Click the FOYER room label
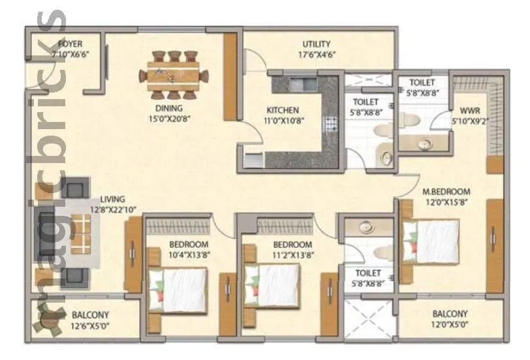pos(70,44)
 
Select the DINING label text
pos(168,108)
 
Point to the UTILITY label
pos(316,44)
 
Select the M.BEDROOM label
pos(446,192)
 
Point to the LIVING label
pos(112,199)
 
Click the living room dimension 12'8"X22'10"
pos(112,209)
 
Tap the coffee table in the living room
pos(82,233)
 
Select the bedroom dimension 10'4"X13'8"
pos(189,255)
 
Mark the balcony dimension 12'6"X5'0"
pos(90,324)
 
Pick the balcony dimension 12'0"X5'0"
pos(449,324)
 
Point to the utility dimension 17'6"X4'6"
pos(316,55)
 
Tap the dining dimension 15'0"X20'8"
pos(168,119)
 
